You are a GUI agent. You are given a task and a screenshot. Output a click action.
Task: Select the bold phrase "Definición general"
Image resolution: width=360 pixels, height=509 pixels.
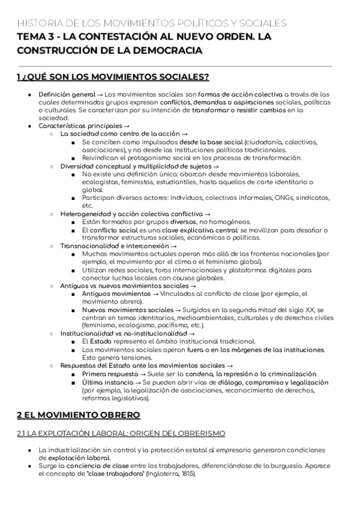click(67, 95)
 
